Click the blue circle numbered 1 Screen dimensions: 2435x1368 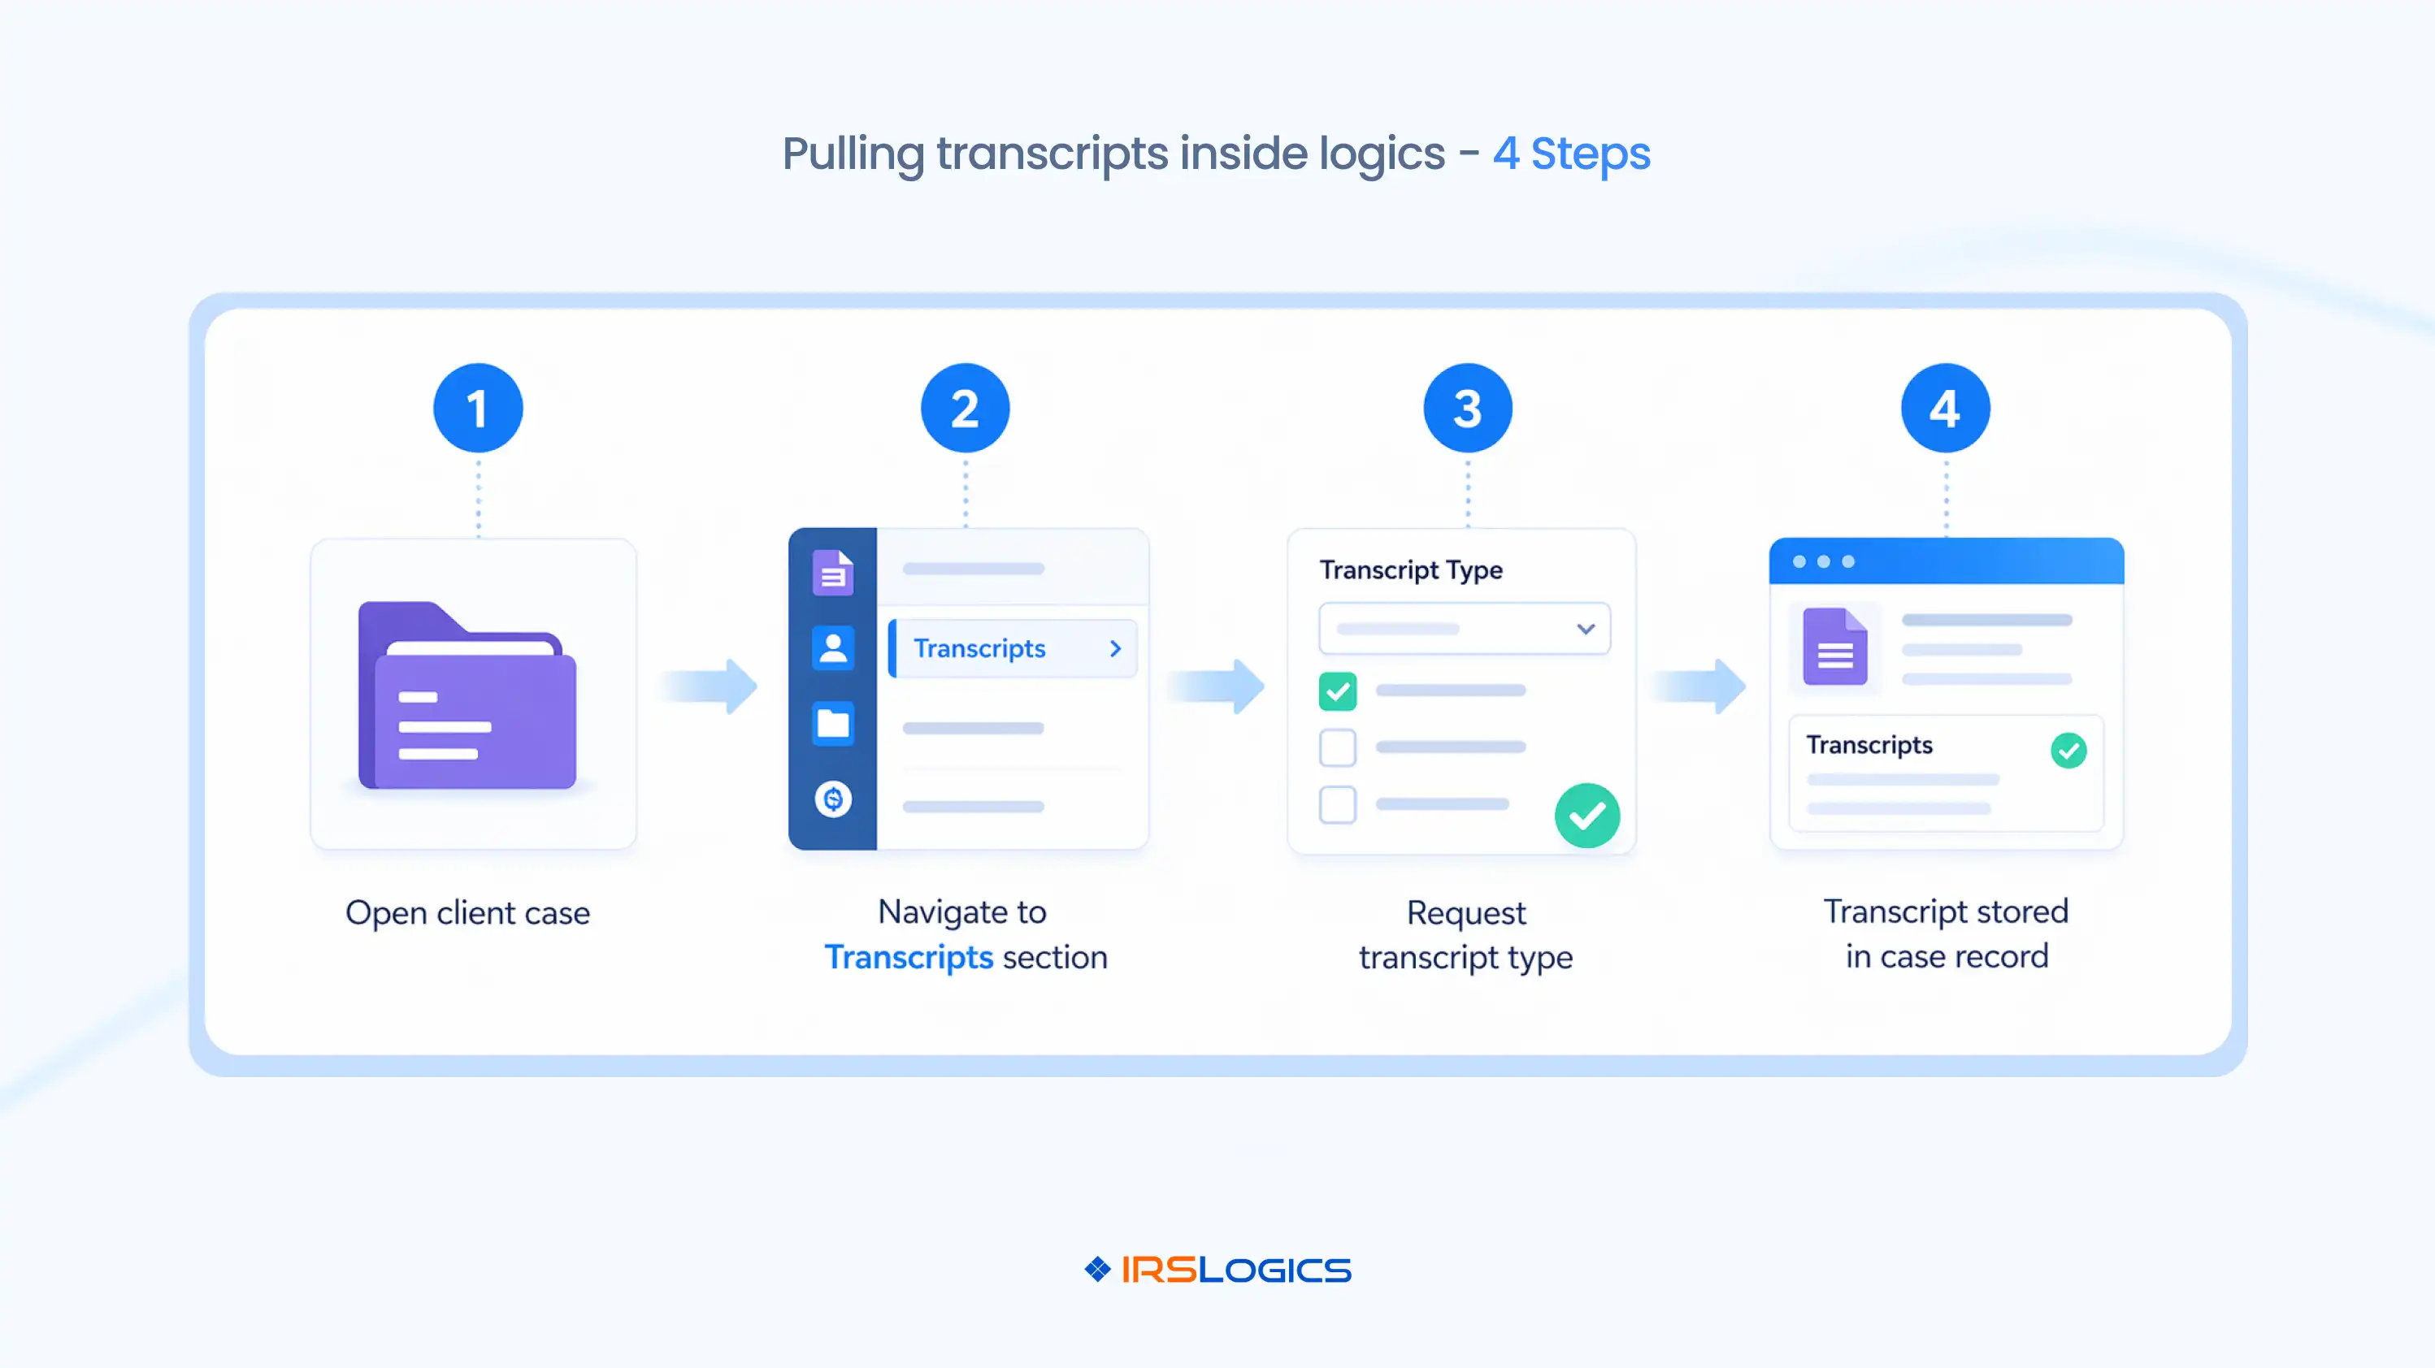pyautogui.click(x=477, y=408)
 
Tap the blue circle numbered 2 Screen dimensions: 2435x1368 pyautogui.click(x=965, y=408)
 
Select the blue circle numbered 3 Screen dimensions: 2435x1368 pyautogui.click(x=1467, y=408)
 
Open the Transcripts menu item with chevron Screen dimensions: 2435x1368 pyautogui.click(x=1013, y=648)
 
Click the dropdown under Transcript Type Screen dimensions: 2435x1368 pyautogui.click(x=1465, y=628)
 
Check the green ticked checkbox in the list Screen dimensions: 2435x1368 pyautogui.click(x=1338, y=691)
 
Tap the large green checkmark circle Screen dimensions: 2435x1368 pyautogui.click(x=1587, y=816)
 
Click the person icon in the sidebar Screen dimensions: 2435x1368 pyautogui.click(x=833, y=648)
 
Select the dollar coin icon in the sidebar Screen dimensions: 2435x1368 pyautogui.click(x=833, y=799)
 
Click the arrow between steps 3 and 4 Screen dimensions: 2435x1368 pyautogui.click(x=1701, y=686)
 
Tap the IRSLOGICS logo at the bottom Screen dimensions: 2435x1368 pyautogui.click(x=1217, y=1270)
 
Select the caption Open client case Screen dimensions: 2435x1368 pyautogui.click(x=467, y=912)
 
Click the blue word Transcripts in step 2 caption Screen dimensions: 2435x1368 pyautogui.click(x=909, y=957)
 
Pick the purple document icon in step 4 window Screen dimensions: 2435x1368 pyautogui.click(x=1834, y=647)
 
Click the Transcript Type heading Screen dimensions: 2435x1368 pyautogui.click(x=1410, y=569)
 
